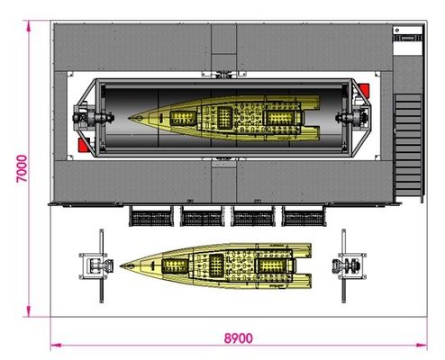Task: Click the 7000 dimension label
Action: (x=22, y=168)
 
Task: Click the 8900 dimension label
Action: (x=239, y=338)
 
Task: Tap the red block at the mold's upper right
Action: (x=364, y=90)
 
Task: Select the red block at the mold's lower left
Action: (x=83, y=145)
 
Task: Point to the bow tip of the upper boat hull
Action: (x=129, y=118)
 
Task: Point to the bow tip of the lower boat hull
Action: (x=121, y=265)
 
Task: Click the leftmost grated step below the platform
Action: (x=151, y=216)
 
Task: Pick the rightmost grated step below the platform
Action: (x=304, y=216)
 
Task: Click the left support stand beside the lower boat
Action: (x=97, y=266)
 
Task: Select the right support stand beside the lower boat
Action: (x=349, y=266)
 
